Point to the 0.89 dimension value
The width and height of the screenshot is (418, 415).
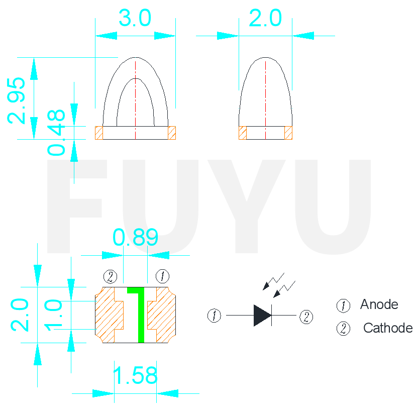[135, 238]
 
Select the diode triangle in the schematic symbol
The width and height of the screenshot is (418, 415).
[262, 316]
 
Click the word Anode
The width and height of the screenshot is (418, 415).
[379, 304]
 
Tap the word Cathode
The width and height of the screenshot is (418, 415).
[387, 329]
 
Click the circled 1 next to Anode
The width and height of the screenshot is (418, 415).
[343, 305]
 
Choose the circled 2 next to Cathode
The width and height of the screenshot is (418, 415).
[343, 329]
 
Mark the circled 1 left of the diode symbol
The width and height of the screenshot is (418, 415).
[214, 316]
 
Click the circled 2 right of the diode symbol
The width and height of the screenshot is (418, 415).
[306, 317]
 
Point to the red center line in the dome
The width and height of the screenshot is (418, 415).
[265, 95]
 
